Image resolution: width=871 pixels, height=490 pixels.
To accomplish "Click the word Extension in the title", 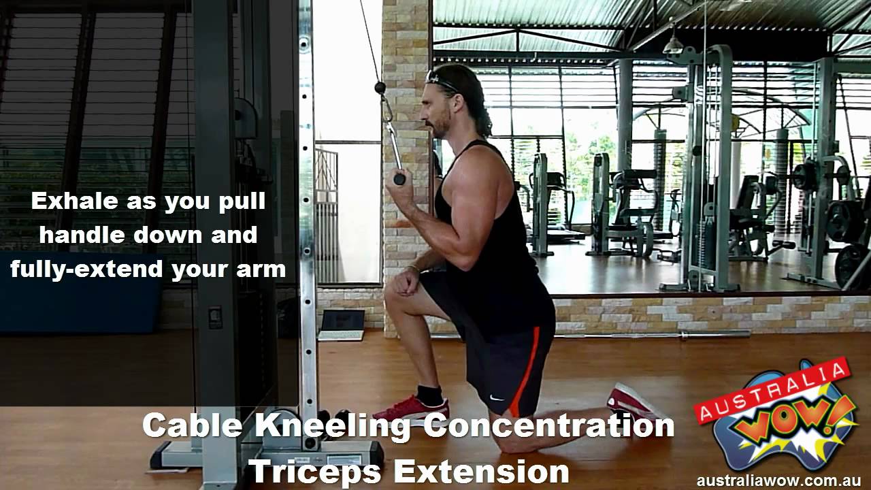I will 481,471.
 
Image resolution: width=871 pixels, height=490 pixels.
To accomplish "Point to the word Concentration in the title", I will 548,426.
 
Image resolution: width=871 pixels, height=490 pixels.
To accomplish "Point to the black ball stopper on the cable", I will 380,86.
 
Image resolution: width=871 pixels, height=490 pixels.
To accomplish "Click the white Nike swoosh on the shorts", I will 497,397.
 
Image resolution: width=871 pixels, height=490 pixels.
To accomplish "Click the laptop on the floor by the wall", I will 342,325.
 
